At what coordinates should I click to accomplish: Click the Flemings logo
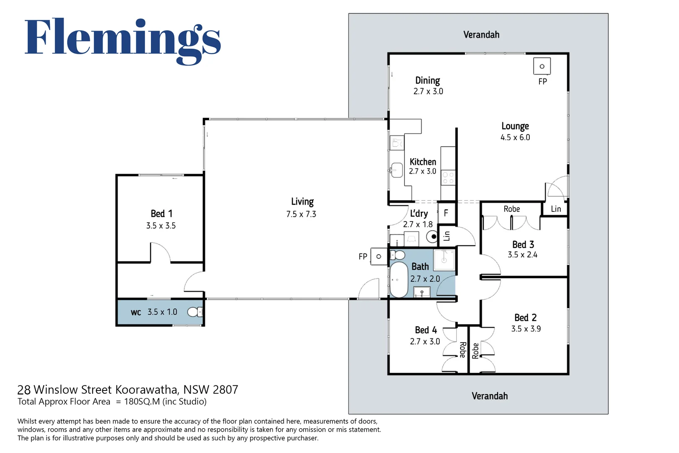[123, 41]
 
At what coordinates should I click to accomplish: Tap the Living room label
[302, 202]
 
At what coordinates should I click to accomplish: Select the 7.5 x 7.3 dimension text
[301, 214]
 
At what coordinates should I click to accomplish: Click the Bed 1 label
[161, 213]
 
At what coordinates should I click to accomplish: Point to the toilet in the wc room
[195, 312]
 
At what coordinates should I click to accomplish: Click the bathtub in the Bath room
[399, 279]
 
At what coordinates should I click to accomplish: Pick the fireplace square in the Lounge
[542, 66]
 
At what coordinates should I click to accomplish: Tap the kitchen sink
[396, 170]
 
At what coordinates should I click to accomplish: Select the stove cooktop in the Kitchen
[448, 178]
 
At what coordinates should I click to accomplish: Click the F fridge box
[446, 213]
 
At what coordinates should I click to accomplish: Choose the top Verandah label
[481, 34]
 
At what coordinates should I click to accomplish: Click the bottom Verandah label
[490, 396]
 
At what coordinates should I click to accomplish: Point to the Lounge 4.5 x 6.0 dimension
[515, 138]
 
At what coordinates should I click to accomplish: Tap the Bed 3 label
[523, 245]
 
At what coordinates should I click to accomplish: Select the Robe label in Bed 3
[512, 209]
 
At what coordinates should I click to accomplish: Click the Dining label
[428, 81]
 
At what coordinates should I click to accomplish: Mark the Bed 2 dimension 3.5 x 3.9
[526, 329]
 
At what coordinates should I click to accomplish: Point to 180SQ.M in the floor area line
[142, 402]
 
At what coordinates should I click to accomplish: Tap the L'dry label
[419, 213]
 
